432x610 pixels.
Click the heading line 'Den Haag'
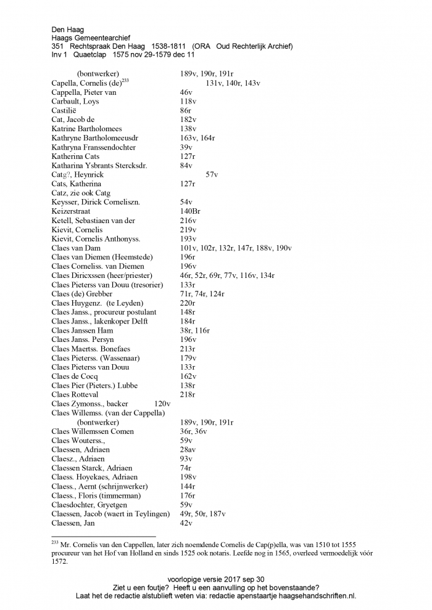[x=68, y=29]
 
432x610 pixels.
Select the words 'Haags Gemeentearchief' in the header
[x=91, y=38]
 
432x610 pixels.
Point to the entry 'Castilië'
[x=65, y=110]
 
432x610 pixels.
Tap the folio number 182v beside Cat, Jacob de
[x=188, y=120]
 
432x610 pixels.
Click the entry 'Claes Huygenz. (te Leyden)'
[x=98, y=303]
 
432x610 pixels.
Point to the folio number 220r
[x=188, y=303]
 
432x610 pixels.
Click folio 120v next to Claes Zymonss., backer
[x=162, y=404]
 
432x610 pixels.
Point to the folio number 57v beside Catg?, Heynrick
[x=212, y=174]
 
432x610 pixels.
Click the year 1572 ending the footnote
[x=59, y=561]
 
